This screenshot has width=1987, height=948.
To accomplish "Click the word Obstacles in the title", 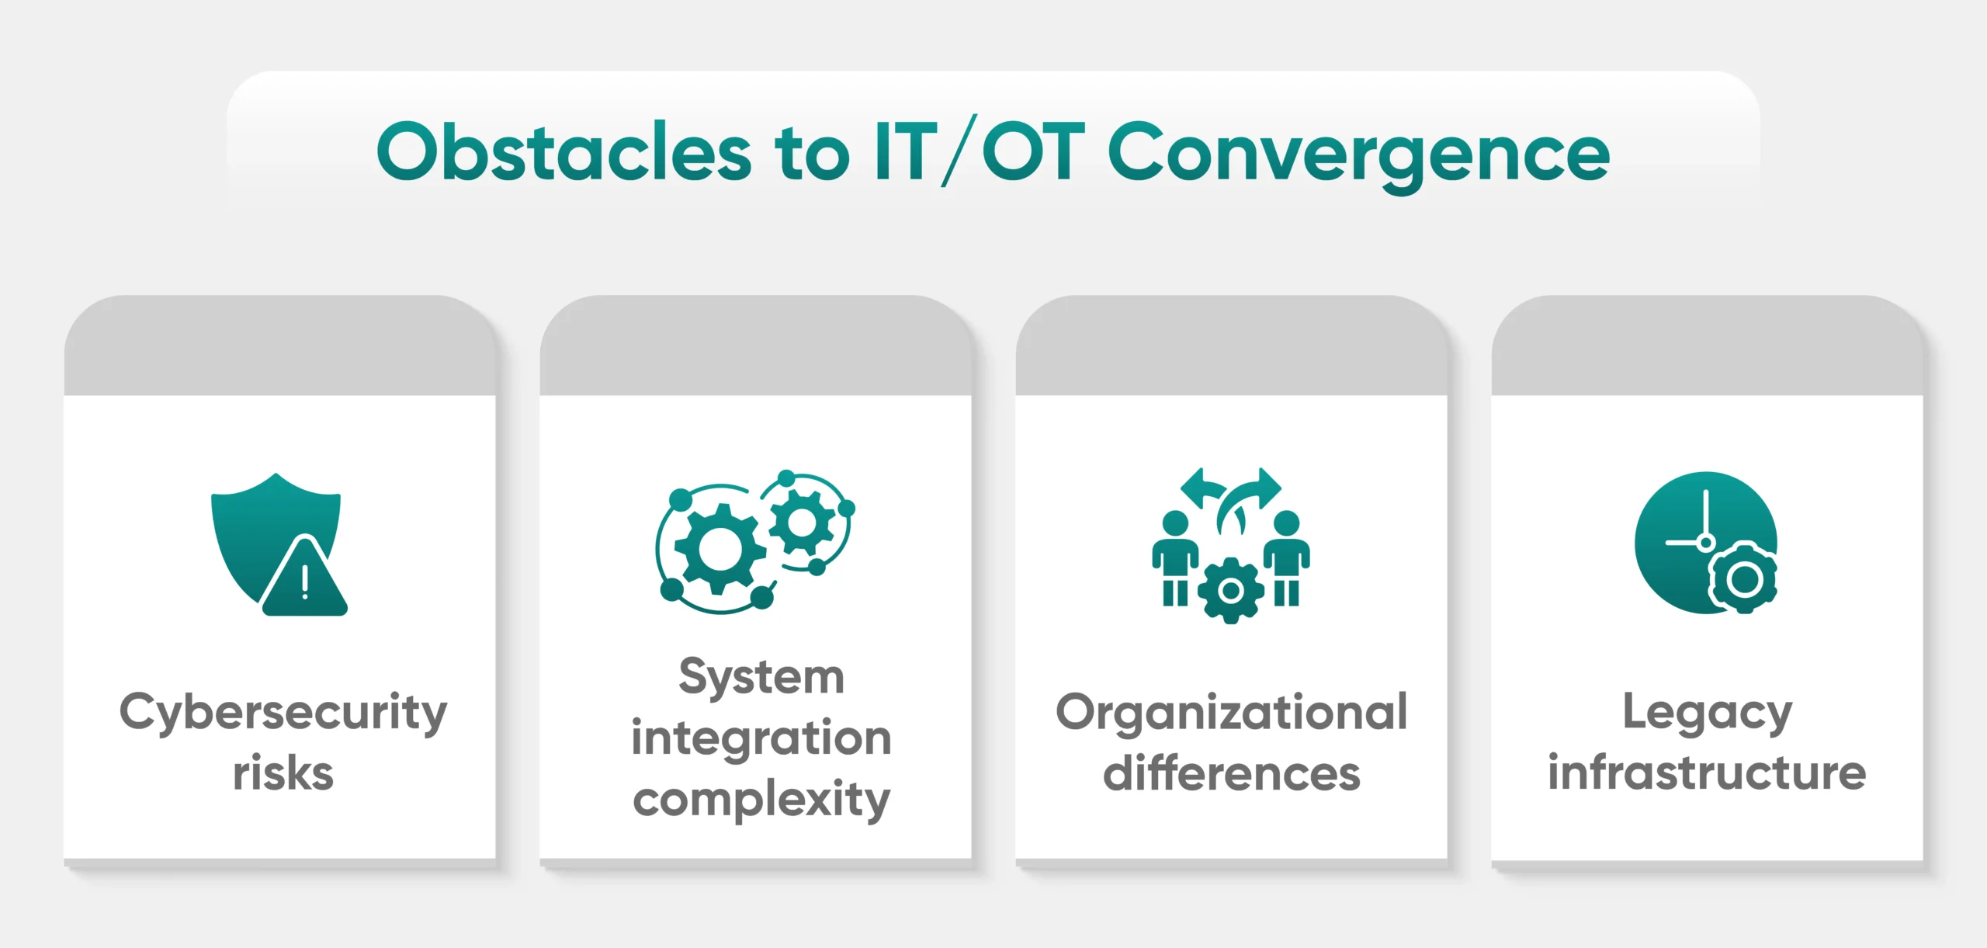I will pos(564,152).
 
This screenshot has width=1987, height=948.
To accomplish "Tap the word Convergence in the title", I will pos(1358,154).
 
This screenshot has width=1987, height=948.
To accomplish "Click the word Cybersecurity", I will pos(283,713).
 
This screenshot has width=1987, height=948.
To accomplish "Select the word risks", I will pos(283,773).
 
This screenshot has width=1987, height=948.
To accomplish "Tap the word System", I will pos(761,677).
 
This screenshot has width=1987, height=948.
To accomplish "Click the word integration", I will pos(761,738).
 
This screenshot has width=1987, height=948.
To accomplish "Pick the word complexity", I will pos(761,800).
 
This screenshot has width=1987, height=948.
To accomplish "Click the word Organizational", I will pos(1232,713).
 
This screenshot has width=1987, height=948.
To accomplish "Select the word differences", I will pos(1232,773).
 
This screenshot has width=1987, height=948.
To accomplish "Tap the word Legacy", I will pos(1708,713).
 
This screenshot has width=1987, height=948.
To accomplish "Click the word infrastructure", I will pos(1708,773).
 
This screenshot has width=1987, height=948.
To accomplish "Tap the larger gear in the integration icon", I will pos(720,548).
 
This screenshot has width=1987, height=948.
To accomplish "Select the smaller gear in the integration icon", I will pos(803,522).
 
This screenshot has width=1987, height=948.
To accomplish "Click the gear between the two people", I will pos(1231,591).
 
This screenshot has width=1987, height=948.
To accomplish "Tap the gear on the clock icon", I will pos(1744,579).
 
